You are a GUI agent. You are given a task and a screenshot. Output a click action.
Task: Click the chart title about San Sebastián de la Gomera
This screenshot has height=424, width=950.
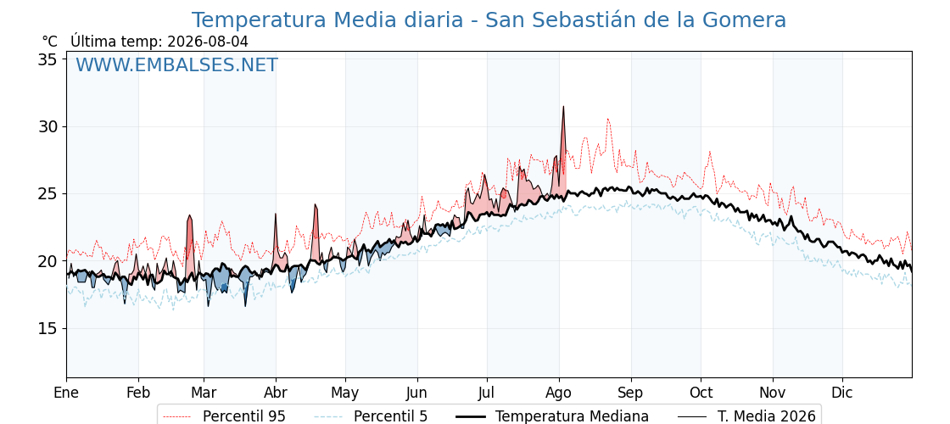tap(489, 20)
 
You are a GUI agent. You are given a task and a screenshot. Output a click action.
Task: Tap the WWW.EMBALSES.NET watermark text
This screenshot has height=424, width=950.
tap(177, 64)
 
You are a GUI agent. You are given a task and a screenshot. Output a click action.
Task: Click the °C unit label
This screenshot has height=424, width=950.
tap(50, 42)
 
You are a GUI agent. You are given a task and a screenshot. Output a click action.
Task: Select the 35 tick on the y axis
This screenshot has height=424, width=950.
tap(48, 59)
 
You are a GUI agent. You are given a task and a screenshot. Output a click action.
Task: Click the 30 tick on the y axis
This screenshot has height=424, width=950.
tap(48, 126)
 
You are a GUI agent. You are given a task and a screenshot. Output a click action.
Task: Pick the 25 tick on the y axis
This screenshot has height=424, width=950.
tap(48, 194)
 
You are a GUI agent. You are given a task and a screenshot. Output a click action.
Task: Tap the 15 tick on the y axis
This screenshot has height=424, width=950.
tap(48, 328)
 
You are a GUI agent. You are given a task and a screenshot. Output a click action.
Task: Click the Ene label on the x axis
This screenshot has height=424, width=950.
tap(66, 393)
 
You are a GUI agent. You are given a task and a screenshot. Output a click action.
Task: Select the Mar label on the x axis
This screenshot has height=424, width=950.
tap(204, 393)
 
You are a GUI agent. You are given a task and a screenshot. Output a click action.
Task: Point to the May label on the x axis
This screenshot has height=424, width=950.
tap(345, 393)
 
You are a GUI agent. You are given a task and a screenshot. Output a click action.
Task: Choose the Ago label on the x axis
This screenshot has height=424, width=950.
tap(559, 393)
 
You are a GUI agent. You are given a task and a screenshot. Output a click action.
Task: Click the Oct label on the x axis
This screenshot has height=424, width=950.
tap(701, 393)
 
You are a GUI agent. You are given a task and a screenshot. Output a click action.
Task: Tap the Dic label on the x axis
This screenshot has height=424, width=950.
tap(842, 393)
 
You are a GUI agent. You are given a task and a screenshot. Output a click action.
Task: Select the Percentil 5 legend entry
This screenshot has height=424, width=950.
tap(372, 416)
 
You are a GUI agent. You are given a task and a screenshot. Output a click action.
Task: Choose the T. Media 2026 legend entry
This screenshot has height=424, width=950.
tap(746, 416)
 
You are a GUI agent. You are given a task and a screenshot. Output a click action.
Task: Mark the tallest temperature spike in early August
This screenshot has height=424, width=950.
tap(563, 107)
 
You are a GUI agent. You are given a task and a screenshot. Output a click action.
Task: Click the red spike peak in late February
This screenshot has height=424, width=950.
tap(190, 215)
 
